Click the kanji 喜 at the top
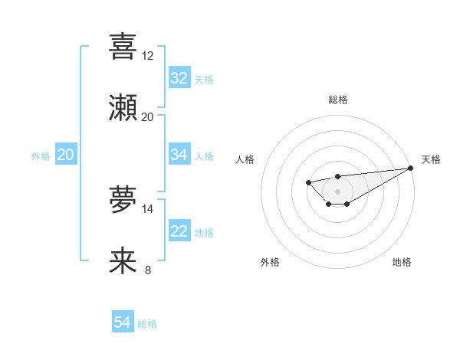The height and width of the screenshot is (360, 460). tap(123, 47)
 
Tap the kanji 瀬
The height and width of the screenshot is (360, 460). tap(123, 108)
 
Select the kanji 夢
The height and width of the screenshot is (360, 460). tap(123, 201)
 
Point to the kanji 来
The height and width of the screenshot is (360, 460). tap(123, 261)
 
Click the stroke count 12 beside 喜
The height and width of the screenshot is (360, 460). tap(147, 56)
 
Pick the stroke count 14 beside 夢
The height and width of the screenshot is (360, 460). tap(147, 208)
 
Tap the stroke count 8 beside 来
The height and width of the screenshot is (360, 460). tap(147, 270)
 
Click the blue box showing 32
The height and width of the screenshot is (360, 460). tap(179, 78)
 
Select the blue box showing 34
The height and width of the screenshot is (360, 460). tap(179, 155)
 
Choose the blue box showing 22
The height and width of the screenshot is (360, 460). tap(179, 231)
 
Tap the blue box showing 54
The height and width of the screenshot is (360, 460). tap(123, 322)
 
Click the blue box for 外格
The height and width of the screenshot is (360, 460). tap(66, 155)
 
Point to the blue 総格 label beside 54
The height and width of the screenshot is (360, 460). tap(147, 324)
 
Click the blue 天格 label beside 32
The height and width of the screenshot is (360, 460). tap(204, 79)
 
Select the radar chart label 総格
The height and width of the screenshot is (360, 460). tap(337, 100)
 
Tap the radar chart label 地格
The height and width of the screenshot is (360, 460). tap(402, 262)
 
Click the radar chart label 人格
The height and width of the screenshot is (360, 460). tap(245, 159)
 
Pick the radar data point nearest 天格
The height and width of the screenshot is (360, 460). tap(410, 169)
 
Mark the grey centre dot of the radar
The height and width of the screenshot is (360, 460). tap(337, 191)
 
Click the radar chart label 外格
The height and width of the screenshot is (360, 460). tap(270, 262)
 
